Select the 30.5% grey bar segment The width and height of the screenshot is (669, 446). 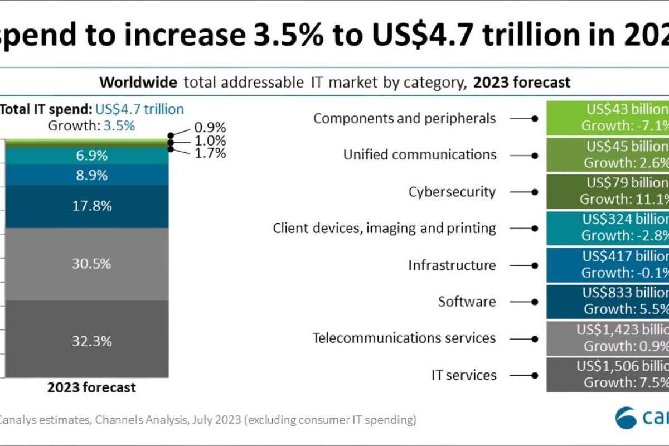click(86, 264)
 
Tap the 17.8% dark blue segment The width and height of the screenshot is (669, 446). click(86, 206)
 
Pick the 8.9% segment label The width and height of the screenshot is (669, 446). click(92, 175)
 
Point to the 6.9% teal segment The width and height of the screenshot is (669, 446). click(92, 156)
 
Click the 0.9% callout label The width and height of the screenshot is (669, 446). click(210, 128)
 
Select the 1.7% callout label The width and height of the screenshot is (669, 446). click(210, 153)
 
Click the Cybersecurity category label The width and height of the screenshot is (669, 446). click(452, 192)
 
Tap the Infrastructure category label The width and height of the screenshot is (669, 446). click(452, 265)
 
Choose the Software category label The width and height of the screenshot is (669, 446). click(467, 302)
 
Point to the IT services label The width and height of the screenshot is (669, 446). click(464, 375)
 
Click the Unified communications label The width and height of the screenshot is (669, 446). click(420, 155)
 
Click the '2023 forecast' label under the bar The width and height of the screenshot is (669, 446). click(91, 387)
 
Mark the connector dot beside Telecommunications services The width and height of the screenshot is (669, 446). click(535, 338)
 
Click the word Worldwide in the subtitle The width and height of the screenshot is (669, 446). click(138, 83)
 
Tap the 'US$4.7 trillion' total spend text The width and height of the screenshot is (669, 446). click(139, 109)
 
